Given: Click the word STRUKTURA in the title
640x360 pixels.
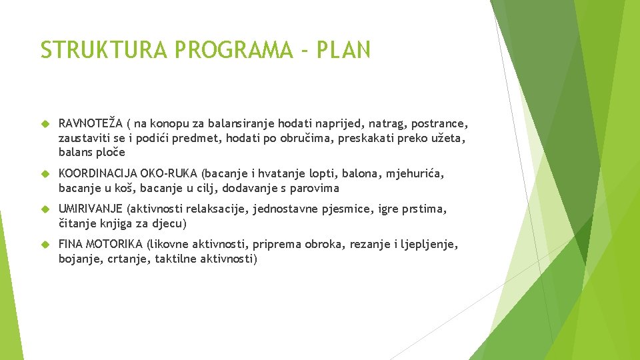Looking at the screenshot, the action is pos(104,49).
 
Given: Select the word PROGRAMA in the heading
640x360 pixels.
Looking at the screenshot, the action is pos(233,49).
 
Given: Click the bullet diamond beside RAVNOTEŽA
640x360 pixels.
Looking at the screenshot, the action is pos(45,124).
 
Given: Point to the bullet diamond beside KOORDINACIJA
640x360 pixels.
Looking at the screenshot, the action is pos(45,174).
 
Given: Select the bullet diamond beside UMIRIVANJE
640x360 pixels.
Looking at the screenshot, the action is pos(45,209).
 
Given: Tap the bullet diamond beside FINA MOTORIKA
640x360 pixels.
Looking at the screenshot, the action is pos(45,245).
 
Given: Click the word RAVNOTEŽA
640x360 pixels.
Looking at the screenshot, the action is pos(91,123).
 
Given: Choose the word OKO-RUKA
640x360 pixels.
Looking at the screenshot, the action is pos(169,173).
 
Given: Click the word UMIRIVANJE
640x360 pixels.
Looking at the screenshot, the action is pos(91,209).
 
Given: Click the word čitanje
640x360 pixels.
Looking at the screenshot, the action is pos(77,224).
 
